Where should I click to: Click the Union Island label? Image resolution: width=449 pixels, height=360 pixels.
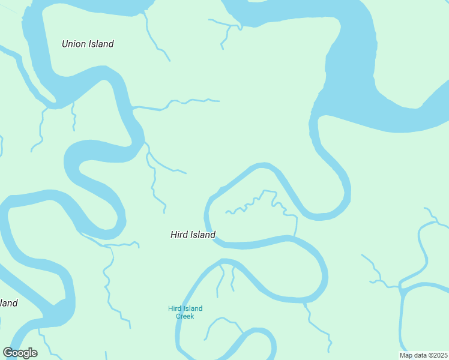(x=88, y=44)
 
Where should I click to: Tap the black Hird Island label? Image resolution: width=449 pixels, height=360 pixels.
(x=193, y=235)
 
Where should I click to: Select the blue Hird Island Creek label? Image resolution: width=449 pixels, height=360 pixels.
(x=185, y=312)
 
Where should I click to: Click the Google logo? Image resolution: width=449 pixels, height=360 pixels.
(x=20, y=353)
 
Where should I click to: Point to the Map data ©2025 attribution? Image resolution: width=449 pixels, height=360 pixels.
(x=423, y=355)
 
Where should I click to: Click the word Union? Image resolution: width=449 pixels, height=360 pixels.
(x=74, y=44)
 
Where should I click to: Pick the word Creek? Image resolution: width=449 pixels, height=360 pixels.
(x=185, y=316)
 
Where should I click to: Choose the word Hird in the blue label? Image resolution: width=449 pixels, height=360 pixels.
(x=174, y=308)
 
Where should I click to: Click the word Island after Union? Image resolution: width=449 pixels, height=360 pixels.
(x=101, y=44)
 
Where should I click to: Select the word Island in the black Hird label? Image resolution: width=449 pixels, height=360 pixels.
(x=203, y=235)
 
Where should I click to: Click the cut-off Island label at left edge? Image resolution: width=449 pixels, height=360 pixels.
(x=8, y=303)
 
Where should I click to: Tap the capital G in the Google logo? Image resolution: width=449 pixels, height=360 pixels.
(x=8, y=352)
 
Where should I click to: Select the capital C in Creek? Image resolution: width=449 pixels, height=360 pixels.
(x=178, y=316)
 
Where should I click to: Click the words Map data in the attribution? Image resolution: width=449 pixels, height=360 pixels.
(x=413, y=355)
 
